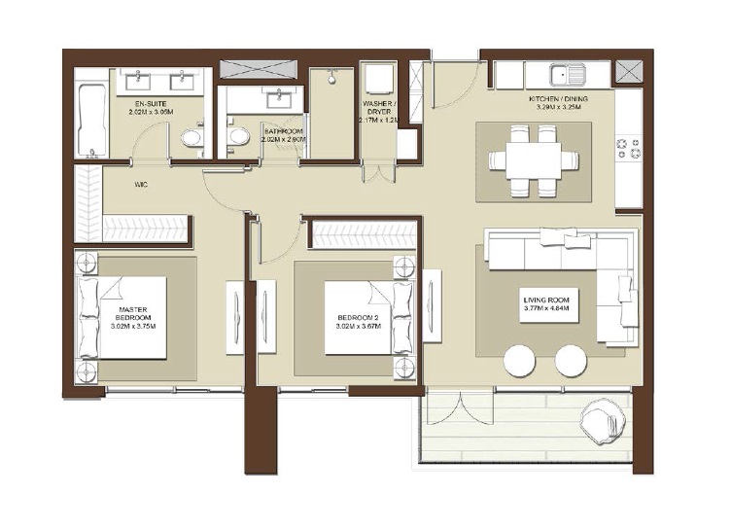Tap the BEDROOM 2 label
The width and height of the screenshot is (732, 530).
[x=356, y=319]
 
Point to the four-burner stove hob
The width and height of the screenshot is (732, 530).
[x=627, y=149]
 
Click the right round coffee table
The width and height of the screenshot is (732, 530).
[x=570, y=363]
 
